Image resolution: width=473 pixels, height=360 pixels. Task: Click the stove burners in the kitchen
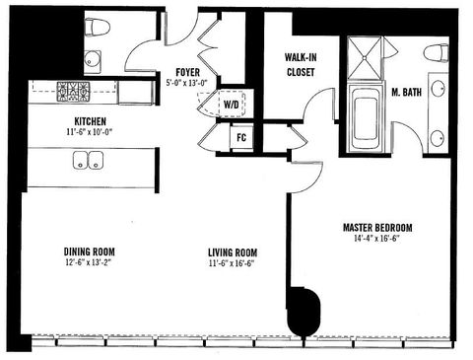tap(73, 93)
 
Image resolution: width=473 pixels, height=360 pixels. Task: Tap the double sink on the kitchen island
tap(86, 161)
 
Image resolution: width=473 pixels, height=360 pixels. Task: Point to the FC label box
tap(240, 137)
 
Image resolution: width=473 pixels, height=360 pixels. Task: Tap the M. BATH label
tap(406, 94)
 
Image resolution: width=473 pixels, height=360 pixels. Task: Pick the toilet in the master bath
tap(435, 53)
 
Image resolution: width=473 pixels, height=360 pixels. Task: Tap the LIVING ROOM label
tap(233, 251)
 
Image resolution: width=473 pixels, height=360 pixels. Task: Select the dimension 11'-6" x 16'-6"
tap(233, 262)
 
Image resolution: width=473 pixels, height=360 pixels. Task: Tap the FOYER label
tap(189, 72)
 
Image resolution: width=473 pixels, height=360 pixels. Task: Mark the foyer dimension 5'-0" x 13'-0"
tap(189, 84)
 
